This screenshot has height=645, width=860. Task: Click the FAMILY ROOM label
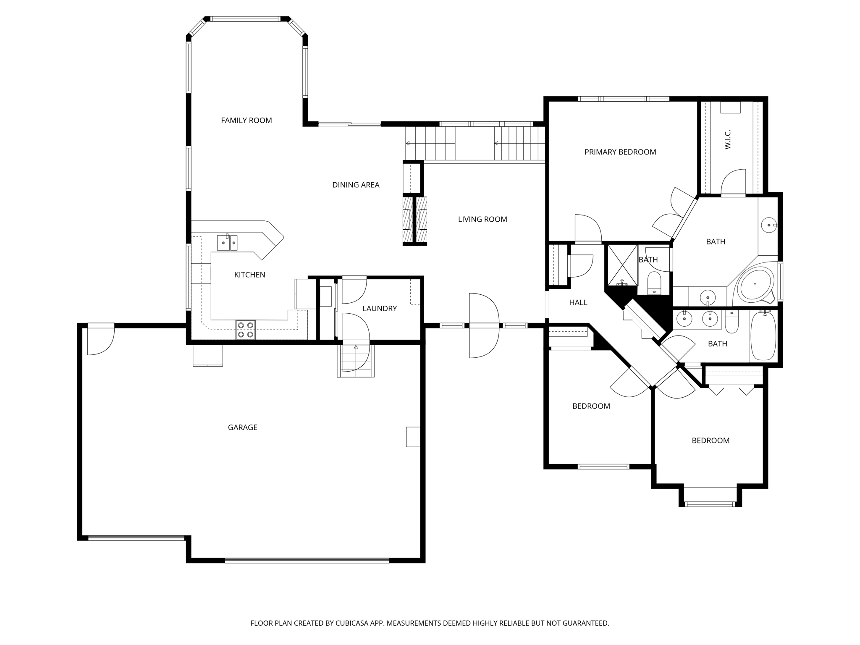(246, 121)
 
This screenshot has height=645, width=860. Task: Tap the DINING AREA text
(356, 185)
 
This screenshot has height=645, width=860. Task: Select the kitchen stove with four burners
(246, 330)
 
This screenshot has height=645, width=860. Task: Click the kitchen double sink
(227, 243)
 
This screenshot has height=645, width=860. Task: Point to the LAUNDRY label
(380, 309)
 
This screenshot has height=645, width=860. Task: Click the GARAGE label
(242, 427)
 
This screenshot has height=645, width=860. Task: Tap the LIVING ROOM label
(482, 219)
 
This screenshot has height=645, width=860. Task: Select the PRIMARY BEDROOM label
(620, 152)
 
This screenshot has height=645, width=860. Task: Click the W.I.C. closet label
(728, 139)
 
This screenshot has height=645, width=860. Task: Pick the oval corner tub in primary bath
(755, 284)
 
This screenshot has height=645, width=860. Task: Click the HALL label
(578, 302)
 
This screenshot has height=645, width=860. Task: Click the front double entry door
(484, 325)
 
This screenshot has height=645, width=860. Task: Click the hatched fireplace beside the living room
(415, 220)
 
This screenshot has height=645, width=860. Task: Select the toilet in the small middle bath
(654, 282)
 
